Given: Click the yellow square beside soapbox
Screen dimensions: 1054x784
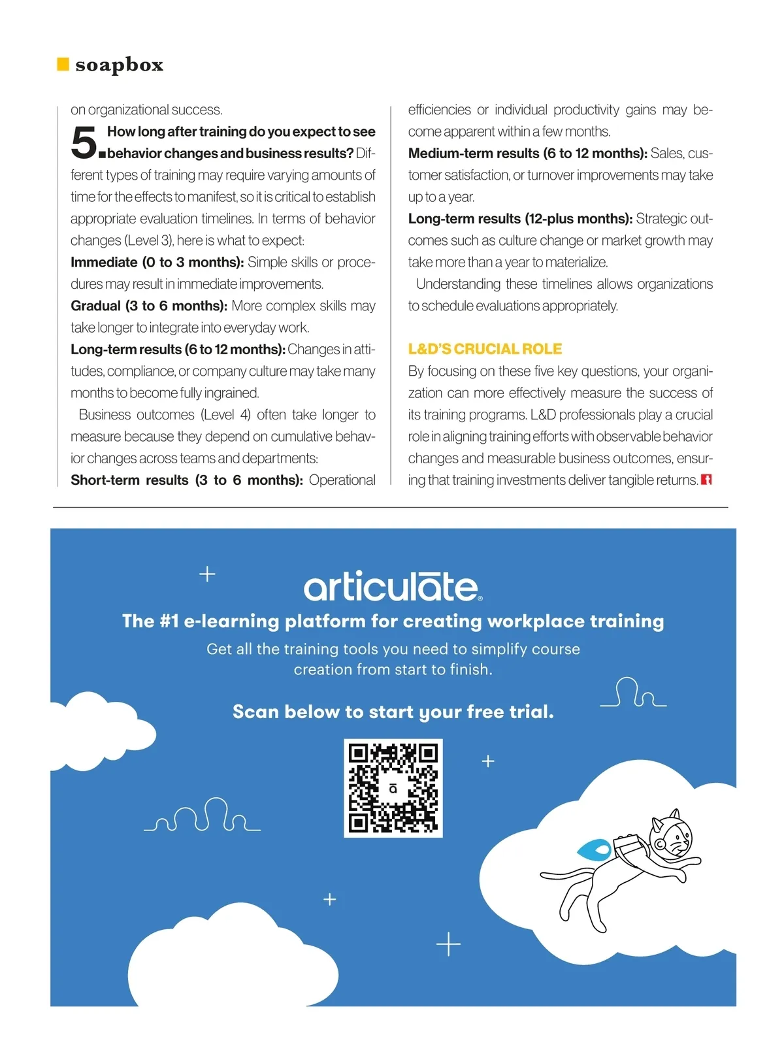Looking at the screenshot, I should pyautogui.click(x=63, y=64).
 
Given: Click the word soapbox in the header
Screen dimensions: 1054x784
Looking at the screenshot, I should pyautogui.click(x=119, y=65).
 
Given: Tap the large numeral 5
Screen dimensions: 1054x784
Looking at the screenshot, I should pyautogui.click(x=84, y=142).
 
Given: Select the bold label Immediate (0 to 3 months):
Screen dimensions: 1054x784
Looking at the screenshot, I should pyautogui.click(x=157, y=262).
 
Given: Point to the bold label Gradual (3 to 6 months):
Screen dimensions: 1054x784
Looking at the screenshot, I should pyautogui.click(x=149, y=306).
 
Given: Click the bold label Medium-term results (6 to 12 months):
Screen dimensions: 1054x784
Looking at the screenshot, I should pyautogui.click(x=527, y=154).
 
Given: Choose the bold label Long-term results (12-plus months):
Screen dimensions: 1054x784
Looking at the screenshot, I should pyautogui.click(x=520, y=219).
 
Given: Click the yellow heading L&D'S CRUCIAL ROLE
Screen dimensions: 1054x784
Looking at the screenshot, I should pyautogui.click(x=485, y=349).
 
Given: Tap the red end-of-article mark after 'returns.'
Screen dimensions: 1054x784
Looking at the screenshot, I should pyautogui.click(x=706, y=480).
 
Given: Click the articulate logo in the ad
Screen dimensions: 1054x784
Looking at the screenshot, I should pyautogui.click(x=393, y=587).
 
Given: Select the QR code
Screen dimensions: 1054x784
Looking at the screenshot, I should pyautogui.click(x=393, y=788).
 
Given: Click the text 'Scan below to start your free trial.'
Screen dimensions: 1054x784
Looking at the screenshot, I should pyautogui.click(x=393, y=712).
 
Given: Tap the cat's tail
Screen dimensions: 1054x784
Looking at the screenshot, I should pyautogui.click(x=566, y=873).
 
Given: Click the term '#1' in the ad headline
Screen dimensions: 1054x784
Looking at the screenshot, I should pyautogui.click(x=169, y=621).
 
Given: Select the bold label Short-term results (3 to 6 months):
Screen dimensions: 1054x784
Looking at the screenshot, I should pyautogui.click(x=187, y=480).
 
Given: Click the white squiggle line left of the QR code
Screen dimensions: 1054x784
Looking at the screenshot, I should pyautogui.click(x=203, y=816).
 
